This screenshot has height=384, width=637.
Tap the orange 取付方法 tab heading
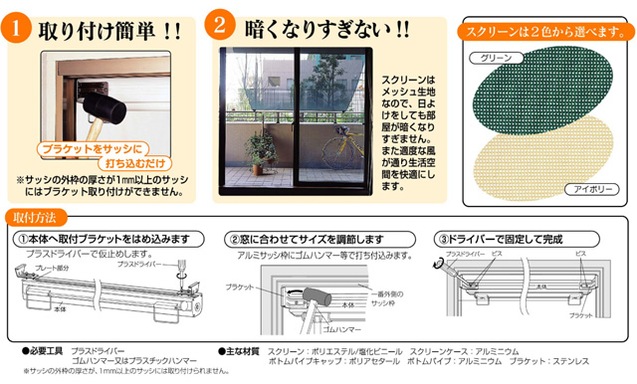pyautogui.click(x=37, y=215)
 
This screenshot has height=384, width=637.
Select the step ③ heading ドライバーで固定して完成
pyautogui.click(x=510, y=240)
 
